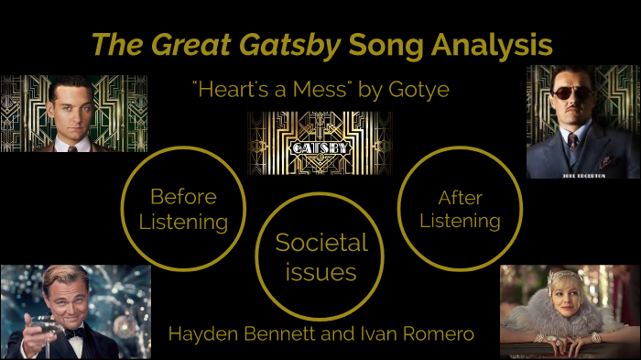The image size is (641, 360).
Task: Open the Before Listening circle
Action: [x=183, y=209]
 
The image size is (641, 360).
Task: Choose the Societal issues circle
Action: [x=320, y=256]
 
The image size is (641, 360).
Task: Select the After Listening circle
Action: [x=459, y=209]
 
